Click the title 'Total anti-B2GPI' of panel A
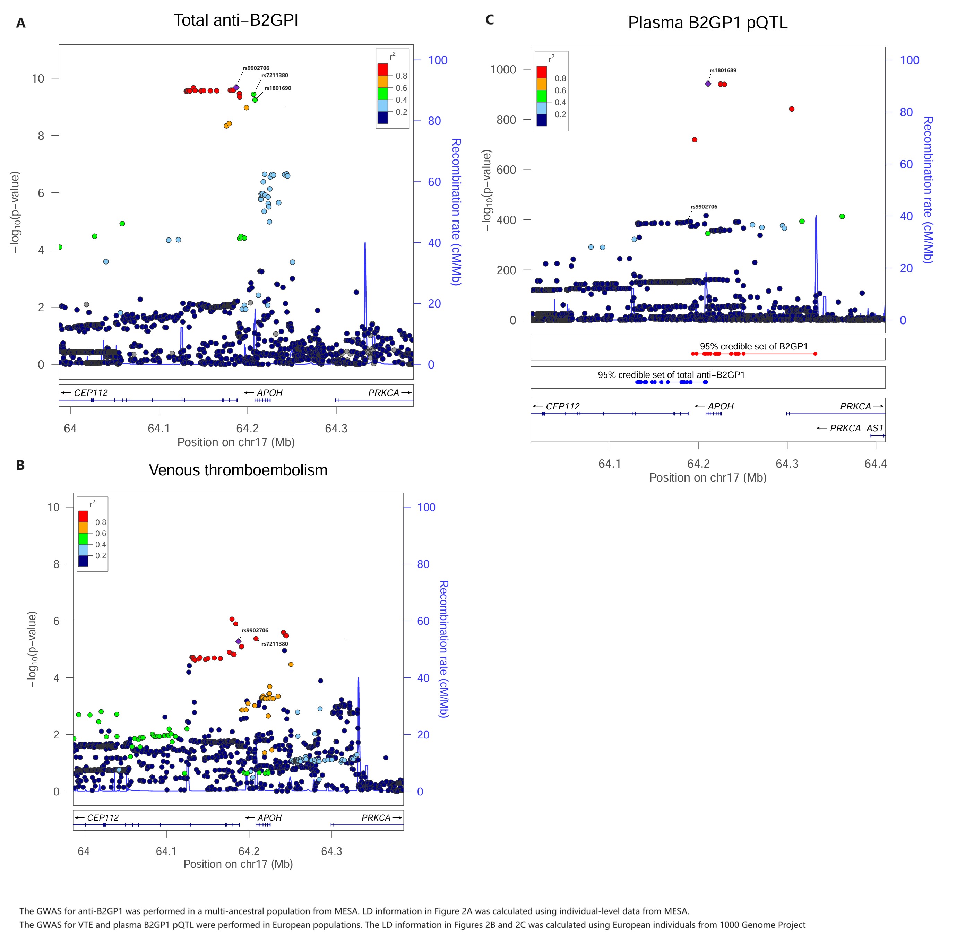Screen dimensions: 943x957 236,20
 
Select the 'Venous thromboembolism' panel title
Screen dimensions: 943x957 238,470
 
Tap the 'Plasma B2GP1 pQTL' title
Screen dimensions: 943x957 707,23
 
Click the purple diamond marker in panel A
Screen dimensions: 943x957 236,87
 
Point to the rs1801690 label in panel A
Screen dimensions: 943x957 277,88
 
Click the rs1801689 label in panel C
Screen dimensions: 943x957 723,70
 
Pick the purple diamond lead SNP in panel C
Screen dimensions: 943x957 708,84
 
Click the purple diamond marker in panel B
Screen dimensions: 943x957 238,641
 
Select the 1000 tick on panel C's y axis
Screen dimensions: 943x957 503,69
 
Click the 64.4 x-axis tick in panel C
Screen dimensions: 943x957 875,464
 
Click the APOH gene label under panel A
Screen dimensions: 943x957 269,393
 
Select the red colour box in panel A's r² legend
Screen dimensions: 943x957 382,69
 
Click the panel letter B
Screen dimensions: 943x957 20,465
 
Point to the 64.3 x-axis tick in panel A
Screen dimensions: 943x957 336,429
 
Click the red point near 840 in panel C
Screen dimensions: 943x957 792,109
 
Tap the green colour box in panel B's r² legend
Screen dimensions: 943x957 84,538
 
